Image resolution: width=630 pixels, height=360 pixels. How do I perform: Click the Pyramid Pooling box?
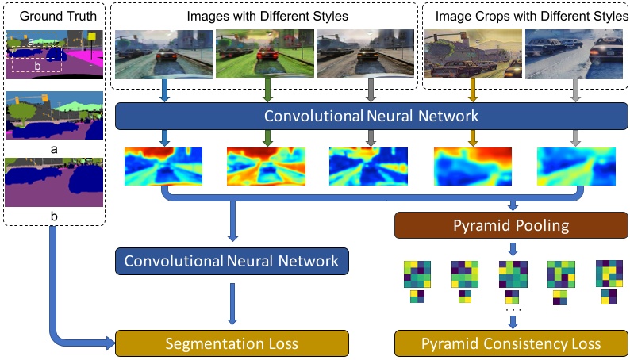point(511,226)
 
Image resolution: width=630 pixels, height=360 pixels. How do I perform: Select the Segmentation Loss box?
point(232,343)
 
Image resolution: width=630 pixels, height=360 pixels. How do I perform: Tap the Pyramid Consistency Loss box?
point(511,343)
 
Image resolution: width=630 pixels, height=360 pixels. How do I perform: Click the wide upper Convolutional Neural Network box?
point(371,117)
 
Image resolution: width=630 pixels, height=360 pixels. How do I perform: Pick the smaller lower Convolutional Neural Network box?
point(232,261)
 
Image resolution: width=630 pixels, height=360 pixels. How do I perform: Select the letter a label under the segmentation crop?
point(55,147)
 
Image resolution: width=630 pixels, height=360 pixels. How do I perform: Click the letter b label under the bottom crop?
point(55,213)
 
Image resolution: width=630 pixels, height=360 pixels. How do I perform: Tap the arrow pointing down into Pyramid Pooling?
point(512,204)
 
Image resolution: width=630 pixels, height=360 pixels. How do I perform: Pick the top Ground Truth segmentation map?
point(55,54)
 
